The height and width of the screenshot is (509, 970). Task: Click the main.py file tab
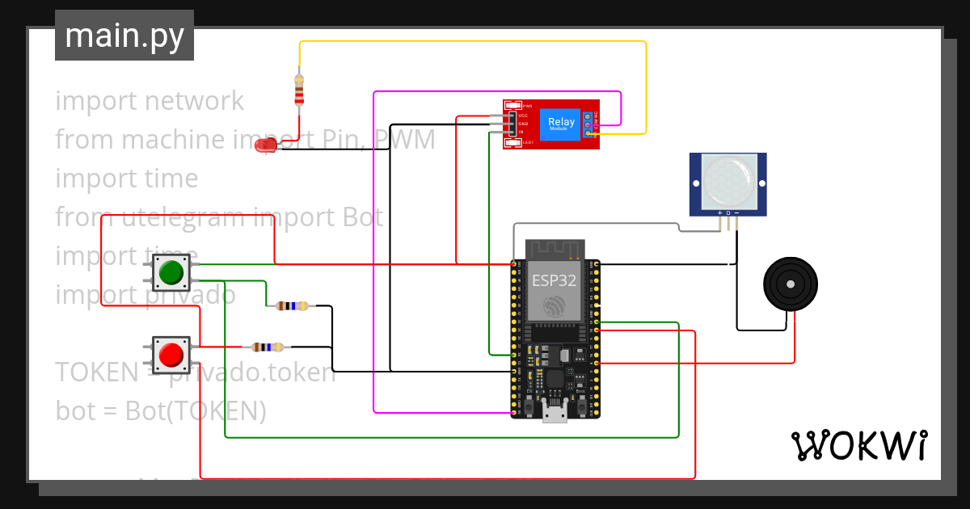[124, 36]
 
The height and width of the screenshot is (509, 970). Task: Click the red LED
[265, 146]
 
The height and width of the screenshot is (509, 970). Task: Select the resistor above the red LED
[299, 90]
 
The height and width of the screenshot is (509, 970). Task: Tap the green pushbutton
[171, 272]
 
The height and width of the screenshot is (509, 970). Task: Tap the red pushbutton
[171, 355]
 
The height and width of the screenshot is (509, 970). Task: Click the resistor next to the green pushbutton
[292, 305]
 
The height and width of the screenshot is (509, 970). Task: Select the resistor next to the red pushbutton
[268, 347]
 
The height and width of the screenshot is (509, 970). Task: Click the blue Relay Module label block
[562, 124]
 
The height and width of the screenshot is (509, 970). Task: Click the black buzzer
[791, 284]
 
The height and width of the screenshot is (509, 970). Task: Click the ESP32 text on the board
[555, 280]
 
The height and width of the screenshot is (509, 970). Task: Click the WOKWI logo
[859, 445]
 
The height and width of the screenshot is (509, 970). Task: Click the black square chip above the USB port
[555, 379]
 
